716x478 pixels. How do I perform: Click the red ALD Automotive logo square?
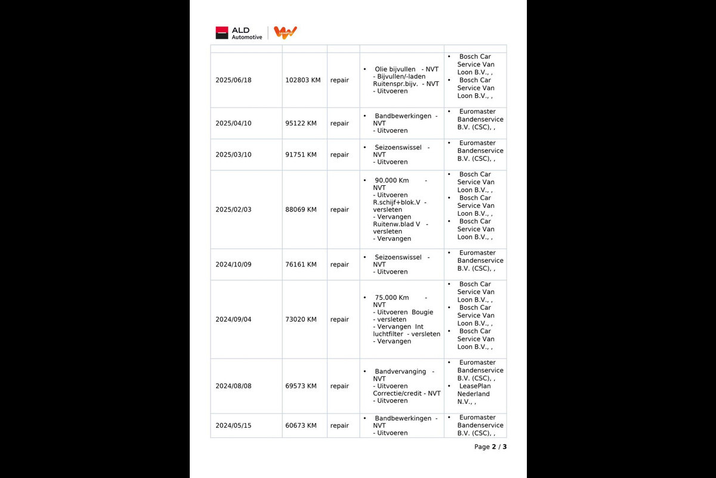pos(222,33)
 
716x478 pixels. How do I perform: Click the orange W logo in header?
pos(285,32)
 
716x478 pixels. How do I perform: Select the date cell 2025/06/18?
pos(233,80)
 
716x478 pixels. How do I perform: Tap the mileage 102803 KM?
pos(303,80)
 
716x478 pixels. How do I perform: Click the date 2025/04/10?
pos(233,124)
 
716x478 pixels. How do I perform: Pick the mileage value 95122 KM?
pos(301,124)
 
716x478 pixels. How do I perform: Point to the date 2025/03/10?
pos(233,155)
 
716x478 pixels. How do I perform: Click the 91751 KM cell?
pos(301,155)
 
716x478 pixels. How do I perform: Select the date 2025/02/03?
pos(233,210)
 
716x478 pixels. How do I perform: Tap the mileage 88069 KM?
pos(301,210)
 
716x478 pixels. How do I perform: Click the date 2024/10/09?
pos(233,265)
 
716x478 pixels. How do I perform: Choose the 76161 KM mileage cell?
pos(301,265)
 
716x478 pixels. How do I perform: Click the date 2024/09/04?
pos(233,320)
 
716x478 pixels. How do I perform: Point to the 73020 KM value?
pos(301,320)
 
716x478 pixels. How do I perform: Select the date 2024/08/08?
pos(233,386)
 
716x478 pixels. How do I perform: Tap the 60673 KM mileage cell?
pos(301,425)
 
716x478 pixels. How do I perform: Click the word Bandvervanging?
pos(400,372)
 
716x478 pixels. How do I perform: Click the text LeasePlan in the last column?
pos(474,386)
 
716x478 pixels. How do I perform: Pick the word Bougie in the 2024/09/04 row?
pos(422,312)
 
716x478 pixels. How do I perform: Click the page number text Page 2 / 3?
pos(490,447)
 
